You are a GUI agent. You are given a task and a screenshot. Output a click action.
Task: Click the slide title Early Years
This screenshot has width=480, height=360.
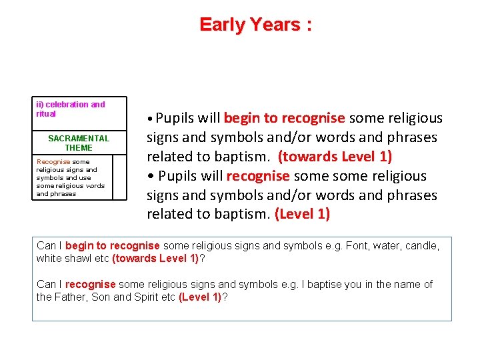point(255,25)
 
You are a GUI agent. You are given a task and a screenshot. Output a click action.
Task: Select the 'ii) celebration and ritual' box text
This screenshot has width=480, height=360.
point(70,109)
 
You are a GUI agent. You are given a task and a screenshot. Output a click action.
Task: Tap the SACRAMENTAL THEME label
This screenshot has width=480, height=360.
point(79,143)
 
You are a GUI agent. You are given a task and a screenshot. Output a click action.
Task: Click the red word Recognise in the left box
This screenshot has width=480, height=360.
point(53,161)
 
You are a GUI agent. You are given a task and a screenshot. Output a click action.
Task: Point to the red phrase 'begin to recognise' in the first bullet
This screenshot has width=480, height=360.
point(284,118)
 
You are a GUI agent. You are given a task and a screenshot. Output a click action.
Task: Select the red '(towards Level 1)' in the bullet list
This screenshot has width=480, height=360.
point(335,157)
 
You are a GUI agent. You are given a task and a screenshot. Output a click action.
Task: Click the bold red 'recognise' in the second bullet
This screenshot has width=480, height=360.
point(258,176)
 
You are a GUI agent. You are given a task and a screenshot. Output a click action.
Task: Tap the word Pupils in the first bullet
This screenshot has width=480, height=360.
point(177,118)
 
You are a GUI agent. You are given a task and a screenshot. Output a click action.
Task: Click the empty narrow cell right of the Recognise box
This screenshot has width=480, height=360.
point(119,177)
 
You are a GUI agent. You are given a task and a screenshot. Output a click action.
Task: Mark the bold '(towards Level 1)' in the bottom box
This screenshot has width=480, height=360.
point(155,258)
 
